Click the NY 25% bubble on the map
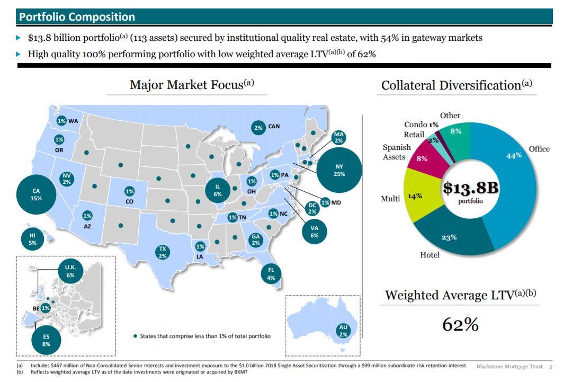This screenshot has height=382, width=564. [339, 170]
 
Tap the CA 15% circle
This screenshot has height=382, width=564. [36, 194]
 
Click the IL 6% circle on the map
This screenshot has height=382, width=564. [218, 191]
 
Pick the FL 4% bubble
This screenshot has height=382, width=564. [271, 273]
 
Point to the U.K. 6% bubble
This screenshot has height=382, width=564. [70, 271]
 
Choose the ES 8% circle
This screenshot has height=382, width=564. [46, 340]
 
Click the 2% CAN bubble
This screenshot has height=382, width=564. [258, 127]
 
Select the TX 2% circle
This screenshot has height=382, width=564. [163, 252]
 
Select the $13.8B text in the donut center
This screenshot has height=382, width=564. [470, 188]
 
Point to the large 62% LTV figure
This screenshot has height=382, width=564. [460, 324]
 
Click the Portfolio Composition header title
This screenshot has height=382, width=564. [77, 16]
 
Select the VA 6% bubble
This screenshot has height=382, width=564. [314, 232]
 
